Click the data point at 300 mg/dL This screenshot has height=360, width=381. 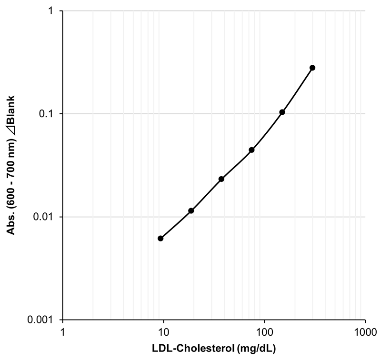tap(312, 68)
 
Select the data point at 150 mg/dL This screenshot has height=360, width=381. tap(282, 112)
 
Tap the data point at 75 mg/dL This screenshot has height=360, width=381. tap(251, 150)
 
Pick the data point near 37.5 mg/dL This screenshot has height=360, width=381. tap(221, 179)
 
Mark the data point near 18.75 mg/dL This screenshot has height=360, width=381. tap(191, 210)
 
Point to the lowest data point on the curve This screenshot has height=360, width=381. tap(160, 238)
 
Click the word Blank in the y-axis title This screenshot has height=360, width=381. tap(10, 109)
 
